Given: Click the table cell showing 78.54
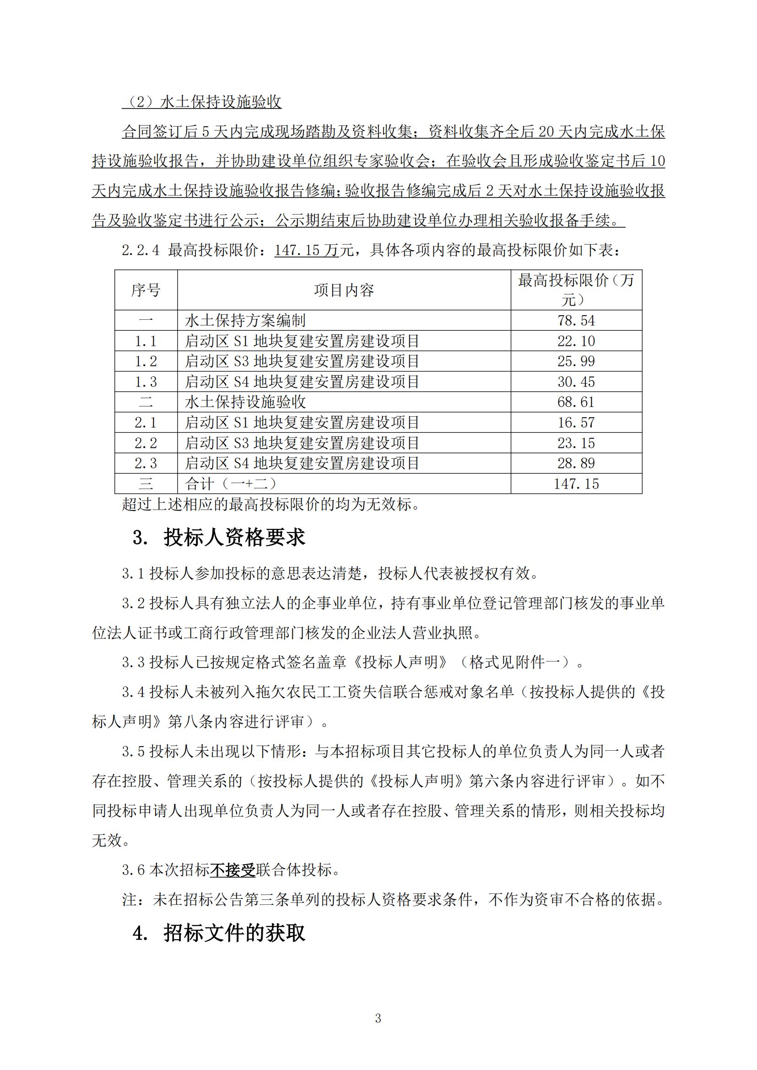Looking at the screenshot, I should [x=576, y=321].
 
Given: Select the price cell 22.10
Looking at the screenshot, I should [x=576, y=341].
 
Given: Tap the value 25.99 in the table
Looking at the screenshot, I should [x=576, y=361].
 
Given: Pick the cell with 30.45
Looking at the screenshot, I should [x=576, y=382].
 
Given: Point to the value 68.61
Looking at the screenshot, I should [x=576, y=402].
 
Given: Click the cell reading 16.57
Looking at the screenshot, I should [x=576, y=422].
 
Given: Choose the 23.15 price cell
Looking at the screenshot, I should [x=576, y=443].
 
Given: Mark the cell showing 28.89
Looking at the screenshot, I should [x=576, y=463].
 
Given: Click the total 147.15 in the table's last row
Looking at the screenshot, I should [x=576, y=484].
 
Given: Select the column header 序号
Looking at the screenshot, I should [x=146, y=290].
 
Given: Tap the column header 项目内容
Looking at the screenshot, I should [x=344, y=290].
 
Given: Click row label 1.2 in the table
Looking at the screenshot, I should [x=146, y=361].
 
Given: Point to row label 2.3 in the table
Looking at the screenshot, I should [x=146, y=463].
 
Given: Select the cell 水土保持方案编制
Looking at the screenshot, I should [x=245, y=321].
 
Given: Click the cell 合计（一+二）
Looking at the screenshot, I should [x=231, y=484].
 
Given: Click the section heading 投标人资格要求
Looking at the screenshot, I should [x=234, y=538].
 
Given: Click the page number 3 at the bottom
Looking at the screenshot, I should [x=378, y=1018].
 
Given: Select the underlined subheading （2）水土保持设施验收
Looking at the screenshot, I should [x=202, y=102].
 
